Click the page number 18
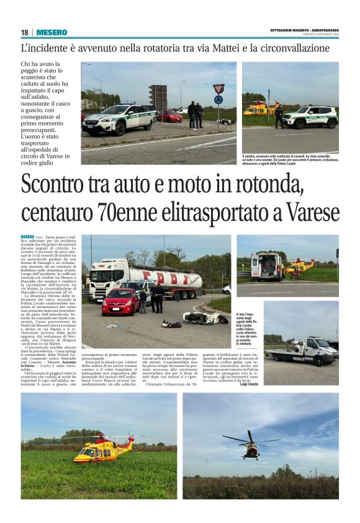point(24,32)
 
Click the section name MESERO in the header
point(52,32)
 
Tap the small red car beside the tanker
point(120,301)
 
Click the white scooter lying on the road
point(204,318)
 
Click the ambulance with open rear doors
point(268,266)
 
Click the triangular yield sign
point(218,88)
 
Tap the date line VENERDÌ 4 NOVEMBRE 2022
point(316,35)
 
